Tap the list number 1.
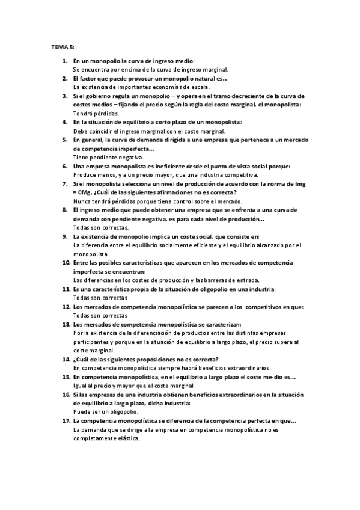[x=65, y=61]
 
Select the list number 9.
[x=65, y=237]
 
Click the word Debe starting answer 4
[x=80, y=131]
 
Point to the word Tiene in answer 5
[x=81, y=157]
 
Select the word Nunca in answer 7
[x=82, y=201]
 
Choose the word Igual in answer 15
[x=80, y=386]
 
